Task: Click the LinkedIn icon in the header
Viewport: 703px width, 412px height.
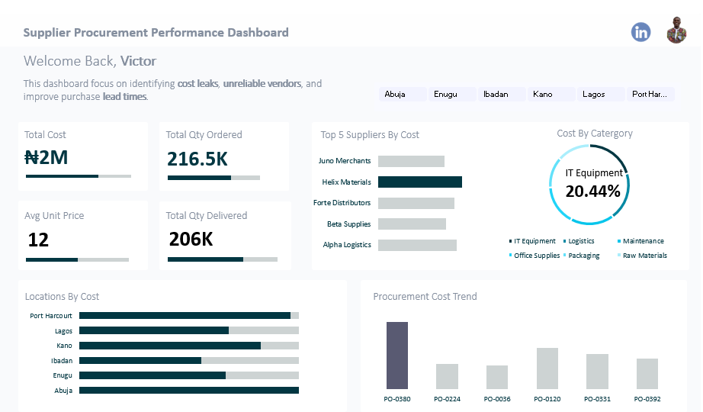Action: [640, 32]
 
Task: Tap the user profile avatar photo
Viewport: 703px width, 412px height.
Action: [676, 31]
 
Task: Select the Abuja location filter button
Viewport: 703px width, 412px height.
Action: [401, 95]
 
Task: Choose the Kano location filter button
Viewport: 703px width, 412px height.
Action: [550, 95]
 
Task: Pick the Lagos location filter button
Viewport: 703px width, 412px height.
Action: [599, 95]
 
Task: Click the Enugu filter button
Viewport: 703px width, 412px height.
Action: [451, 95]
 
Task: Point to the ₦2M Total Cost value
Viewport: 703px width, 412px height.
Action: [47, 158]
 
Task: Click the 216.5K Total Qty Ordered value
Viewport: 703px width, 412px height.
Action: [197, 159]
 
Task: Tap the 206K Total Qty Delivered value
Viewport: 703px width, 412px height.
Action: [191, 240]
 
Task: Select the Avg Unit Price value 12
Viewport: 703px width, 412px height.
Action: [38, 240]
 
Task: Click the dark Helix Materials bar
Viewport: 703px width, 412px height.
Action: [420, 182]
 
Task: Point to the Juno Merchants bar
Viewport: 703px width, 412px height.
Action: [411, 161]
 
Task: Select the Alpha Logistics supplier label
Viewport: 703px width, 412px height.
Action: [347, 245]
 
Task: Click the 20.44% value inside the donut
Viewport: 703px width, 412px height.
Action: [592, 192]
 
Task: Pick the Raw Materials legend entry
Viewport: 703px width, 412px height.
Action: [644, 256]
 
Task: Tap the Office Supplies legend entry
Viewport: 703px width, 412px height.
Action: [536, 256]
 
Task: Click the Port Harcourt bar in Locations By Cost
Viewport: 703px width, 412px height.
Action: [185, 316]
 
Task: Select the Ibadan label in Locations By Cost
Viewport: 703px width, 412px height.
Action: [62, 361]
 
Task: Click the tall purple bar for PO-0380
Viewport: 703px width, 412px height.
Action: [397, 356]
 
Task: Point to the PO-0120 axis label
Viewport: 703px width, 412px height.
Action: [547, 399]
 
